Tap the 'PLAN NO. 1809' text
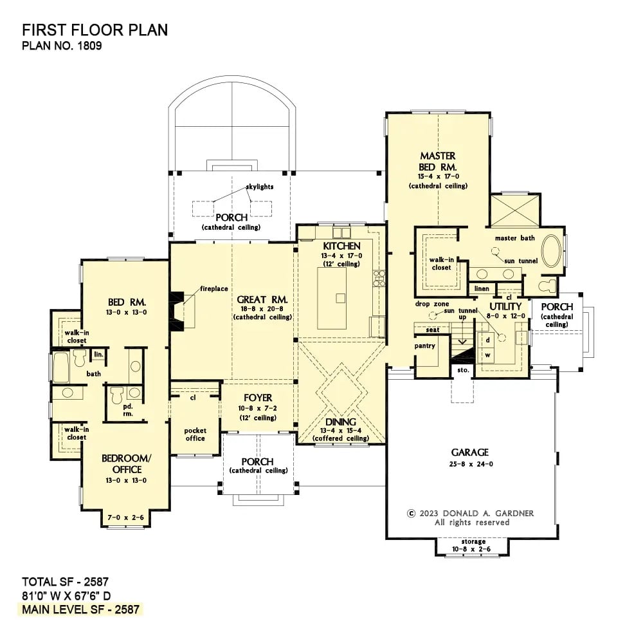(x=62, y=46)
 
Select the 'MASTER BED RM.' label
(x=438, y=161)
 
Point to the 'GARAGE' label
(x=469, y=452)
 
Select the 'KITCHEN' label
(x=341, y=246)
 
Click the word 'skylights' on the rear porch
(x=259, y=187)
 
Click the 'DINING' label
(x=341, y=422)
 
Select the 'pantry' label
(x=425, y=346)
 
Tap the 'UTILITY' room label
(x=505, y=306)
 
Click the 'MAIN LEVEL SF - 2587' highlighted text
(x=82, y=609)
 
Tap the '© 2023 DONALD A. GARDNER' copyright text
(x=471, y=513)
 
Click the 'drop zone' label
(x=432, y=303)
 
